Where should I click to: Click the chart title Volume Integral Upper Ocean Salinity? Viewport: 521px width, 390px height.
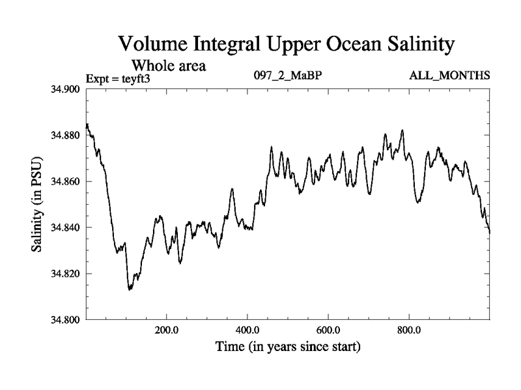point(285,45)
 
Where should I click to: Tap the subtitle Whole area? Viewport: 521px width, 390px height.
point(169,65)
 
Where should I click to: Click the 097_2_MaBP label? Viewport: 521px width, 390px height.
point(287,75)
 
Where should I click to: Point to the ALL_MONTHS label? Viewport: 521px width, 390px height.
point(449,75)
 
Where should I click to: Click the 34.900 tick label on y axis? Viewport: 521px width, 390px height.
point(65,89)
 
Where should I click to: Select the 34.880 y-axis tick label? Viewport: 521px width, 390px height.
point(65,135)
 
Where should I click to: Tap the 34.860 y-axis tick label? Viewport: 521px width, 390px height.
point(65,181)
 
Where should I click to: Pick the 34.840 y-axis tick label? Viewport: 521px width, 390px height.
point(65,227)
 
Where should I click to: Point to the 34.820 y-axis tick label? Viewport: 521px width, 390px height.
point(65,274)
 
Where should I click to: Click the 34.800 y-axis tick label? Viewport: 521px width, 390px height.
point(65,320)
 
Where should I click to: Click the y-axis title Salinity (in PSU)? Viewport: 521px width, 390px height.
point(37,204)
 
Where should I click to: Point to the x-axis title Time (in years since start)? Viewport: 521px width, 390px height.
point(288,347)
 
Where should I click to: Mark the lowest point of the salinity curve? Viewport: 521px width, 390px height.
point(130,289)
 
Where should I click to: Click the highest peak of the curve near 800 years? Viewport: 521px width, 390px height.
point(403,130)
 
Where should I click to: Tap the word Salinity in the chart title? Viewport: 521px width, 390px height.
point(412,45)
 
